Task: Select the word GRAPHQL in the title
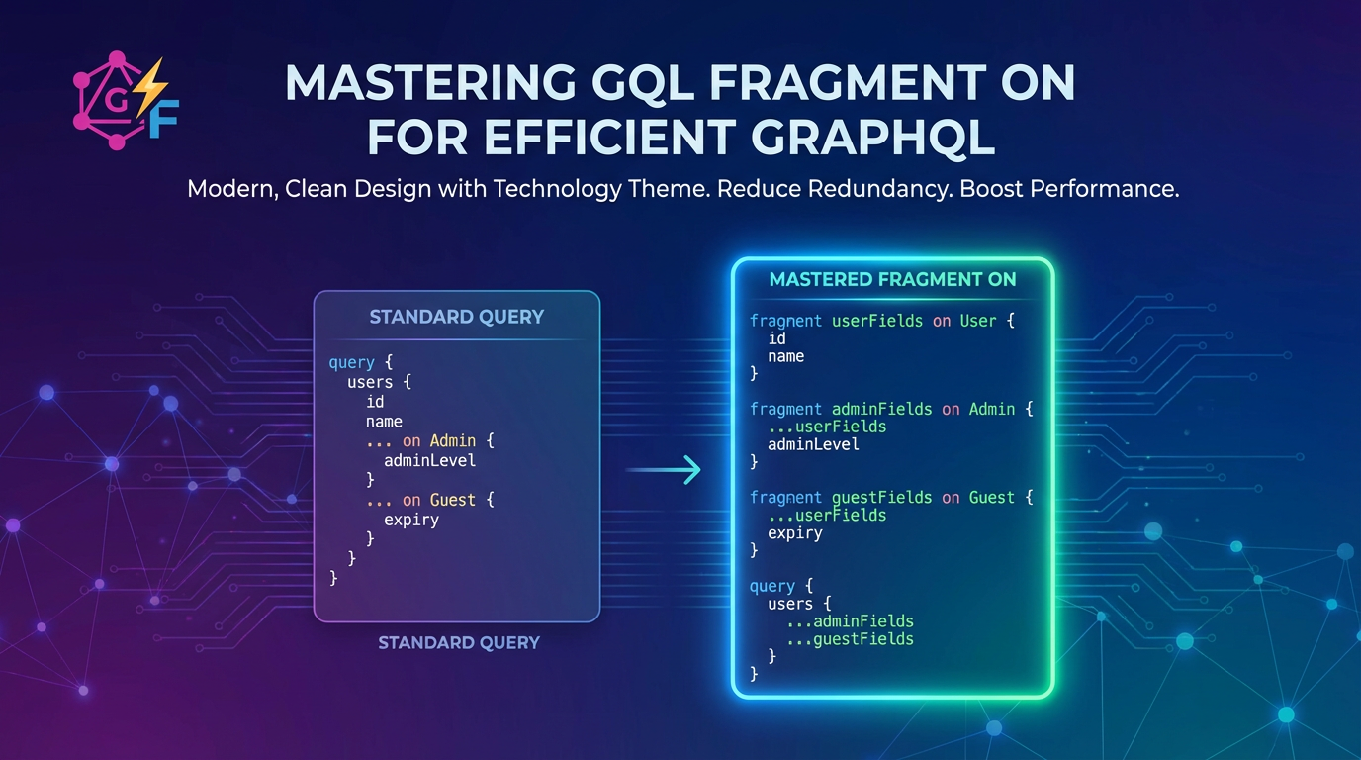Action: point(873,138)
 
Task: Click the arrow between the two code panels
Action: point(664,470)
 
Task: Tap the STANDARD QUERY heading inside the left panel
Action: point(457,317)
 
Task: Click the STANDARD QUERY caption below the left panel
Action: point(459,642)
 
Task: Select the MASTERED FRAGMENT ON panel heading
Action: point(892,279)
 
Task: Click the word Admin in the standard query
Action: point(453,440)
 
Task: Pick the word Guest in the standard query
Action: point(452,500)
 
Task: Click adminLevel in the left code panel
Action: point(429,460)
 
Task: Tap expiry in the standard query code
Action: point(411,520)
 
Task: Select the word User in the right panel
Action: point(978,321)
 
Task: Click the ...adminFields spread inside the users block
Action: point(850,621)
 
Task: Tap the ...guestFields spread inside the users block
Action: point(850,639)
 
